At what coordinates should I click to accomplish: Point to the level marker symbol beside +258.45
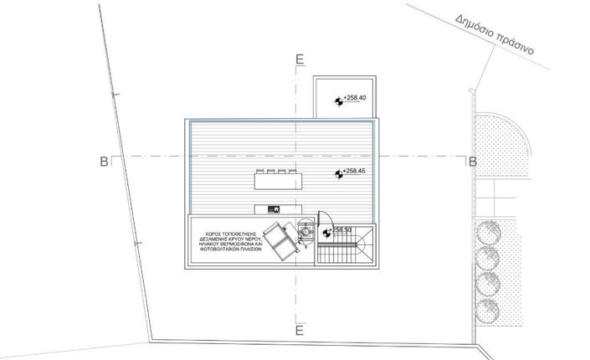tap(339, 174)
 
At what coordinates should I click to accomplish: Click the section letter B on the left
tap(104, 161)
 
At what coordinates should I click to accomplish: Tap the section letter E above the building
tap(298, 59)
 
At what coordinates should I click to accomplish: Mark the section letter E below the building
tap(298, 330)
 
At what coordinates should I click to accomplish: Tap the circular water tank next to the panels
tap(306, 232)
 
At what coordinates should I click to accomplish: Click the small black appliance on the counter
tap(273, 209)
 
